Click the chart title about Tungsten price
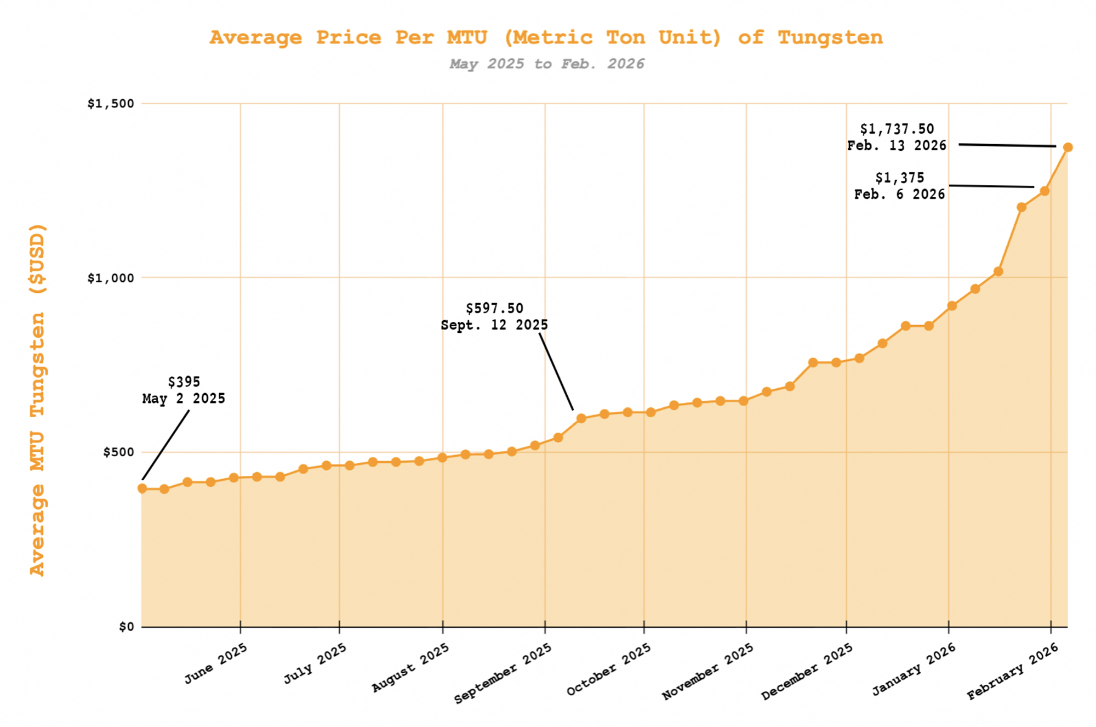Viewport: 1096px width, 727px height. [546, 37]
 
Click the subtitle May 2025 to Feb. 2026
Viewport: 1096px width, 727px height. [546, 64]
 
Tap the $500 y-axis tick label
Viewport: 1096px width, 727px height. [118, 452]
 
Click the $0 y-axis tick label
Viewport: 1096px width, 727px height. [126, 627]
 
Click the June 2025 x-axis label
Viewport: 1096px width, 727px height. [216, 663]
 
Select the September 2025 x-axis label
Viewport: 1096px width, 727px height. [503, 674]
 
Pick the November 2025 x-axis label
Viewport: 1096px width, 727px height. [707, 672]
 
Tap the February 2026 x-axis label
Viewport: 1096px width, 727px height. [1012, 672]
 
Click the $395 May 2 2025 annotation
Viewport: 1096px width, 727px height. [184, 390]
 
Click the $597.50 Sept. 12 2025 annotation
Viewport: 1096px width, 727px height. [494, 317]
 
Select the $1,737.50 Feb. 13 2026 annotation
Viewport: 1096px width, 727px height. [897, 137]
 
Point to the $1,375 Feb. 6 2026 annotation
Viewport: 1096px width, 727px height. [899, 186]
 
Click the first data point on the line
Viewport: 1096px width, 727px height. [142, 489]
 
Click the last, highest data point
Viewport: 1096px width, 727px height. [1068, 147]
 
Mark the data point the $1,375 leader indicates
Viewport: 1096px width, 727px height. [1044, 191]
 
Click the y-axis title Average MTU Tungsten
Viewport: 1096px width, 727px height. [37, 400]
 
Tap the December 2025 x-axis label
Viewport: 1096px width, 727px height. [807, 672]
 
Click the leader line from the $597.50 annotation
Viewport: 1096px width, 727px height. [556, 372]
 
